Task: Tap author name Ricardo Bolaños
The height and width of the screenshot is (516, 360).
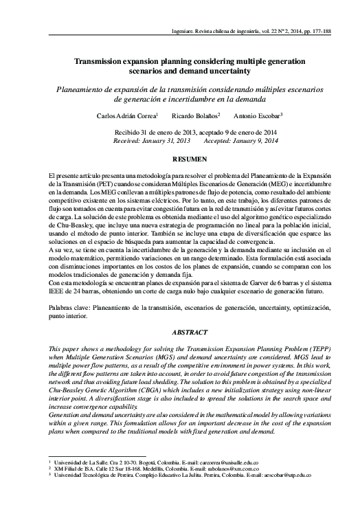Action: point(195,116)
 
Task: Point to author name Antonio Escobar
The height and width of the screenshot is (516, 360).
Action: point(258,116)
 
